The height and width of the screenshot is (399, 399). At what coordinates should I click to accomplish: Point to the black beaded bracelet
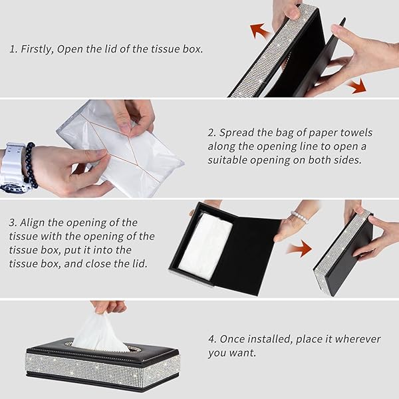(x=31, y=166)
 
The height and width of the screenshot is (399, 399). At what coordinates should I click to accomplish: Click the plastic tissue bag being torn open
(x=120, y=150)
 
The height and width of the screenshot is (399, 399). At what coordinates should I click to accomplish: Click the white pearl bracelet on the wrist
(x=300, y=217)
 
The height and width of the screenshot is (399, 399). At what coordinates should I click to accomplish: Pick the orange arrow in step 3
(x=301, y=248)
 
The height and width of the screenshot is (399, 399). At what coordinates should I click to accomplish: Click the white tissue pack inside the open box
(x=205, y=246)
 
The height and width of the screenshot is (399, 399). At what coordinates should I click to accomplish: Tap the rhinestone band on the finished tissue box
(x=102, y=367)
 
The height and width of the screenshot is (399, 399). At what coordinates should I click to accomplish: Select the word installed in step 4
(x=269, y=339)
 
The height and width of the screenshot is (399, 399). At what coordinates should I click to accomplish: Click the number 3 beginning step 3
(x=12, y=223)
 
